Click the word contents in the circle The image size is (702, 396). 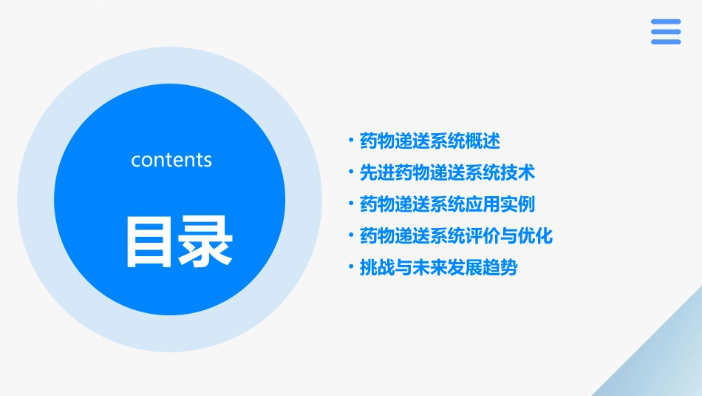[171, 160]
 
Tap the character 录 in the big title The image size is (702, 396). [206, 242]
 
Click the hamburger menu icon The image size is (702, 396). [665, 32]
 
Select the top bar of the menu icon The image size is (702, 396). [665, 22]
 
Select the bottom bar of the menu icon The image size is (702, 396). [665, 42]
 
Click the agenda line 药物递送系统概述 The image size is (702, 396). [429, 140]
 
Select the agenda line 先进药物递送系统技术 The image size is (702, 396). [447, 172]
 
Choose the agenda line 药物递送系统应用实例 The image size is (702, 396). [447, 204]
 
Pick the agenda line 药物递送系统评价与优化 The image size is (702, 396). [456, 236]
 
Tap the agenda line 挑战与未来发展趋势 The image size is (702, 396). [438, 268]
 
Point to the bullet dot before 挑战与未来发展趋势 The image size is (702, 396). [351, 266]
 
